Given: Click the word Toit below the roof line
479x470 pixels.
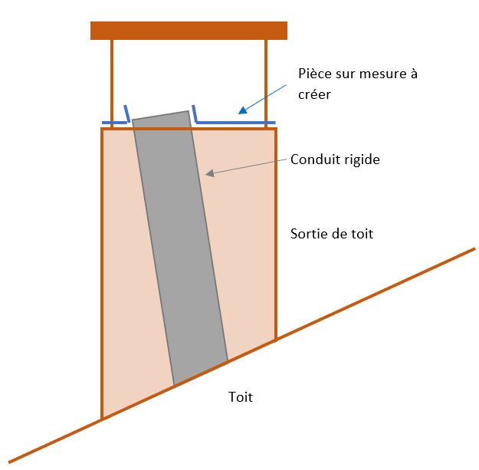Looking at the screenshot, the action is pos(240,397).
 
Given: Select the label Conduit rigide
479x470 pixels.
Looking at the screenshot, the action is pos(335,160).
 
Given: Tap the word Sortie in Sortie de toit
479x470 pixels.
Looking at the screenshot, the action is pos(310,234).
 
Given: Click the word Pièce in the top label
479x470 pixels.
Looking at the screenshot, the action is pos(314,74).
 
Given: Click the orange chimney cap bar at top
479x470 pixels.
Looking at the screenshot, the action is pos(189,31).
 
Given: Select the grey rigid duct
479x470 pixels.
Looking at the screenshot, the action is pos(181,245).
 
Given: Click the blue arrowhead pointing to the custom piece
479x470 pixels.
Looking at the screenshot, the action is pos(241,111).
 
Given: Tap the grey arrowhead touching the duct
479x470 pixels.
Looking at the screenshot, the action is pos(208,175).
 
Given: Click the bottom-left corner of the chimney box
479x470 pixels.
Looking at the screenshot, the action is pos(102,419).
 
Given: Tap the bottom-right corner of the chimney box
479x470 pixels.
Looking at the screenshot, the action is pos(276,340).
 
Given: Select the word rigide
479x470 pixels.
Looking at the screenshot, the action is pos(362,160).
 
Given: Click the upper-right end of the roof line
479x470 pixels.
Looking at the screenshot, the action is pos(474,248).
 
